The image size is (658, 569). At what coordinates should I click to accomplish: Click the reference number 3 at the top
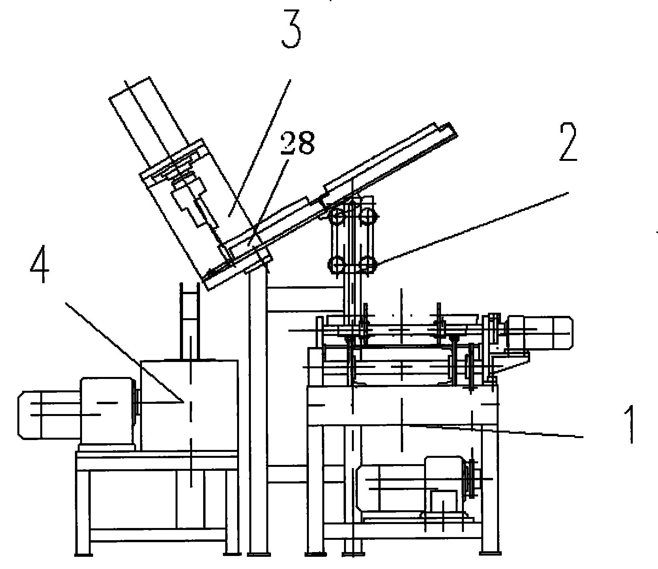tap(291, 30)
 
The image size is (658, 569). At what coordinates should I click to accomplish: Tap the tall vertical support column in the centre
tap(258, 410)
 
